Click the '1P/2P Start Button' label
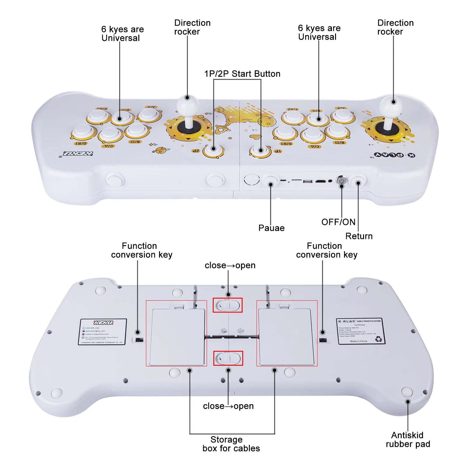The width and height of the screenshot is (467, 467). (242, 74)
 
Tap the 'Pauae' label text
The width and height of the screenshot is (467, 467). (271, 228)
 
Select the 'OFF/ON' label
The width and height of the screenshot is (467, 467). (338, 222)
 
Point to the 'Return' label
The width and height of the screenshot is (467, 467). (359, 236)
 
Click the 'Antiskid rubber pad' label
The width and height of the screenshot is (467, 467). (408, 440)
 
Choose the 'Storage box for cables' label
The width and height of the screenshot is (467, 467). (231, 444)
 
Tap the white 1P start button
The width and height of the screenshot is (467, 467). (260, 150)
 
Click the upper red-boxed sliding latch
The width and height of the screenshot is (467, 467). (228, 305)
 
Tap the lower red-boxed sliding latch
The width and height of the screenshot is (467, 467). (228, 358)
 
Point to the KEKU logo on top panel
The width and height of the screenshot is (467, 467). (78, 154)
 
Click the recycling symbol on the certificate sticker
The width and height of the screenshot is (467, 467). (379, 339)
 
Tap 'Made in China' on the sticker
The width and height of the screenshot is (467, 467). (358, 341)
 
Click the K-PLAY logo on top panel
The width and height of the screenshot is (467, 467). (394, 155)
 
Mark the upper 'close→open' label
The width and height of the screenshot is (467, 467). (230, 265)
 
